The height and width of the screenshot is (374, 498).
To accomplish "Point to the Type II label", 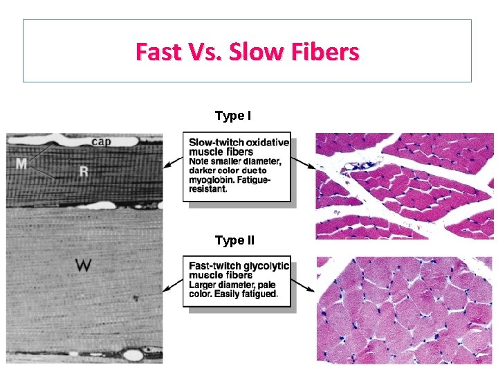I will click(234, 241).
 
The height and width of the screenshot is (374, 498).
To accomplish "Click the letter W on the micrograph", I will click(84, 265).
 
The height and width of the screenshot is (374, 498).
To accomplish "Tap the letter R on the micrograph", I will click(84, 170).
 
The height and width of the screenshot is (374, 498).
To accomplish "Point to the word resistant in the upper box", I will click(207, 189).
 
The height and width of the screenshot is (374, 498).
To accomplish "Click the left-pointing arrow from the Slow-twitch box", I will click(172, 164).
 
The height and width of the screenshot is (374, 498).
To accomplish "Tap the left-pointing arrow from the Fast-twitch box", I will click(172, 286).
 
